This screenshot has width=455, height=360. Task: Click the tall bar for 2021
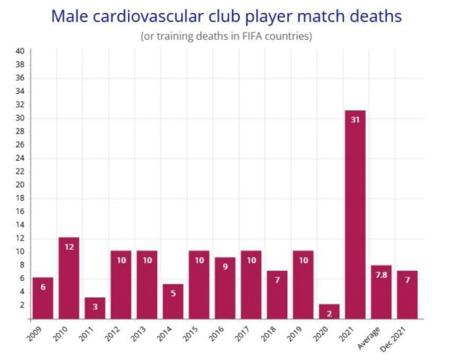pos(355,215)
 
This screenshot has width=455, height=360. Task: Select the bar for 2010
pos(69,278)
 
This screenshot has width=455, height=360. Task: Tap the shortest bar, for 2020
pos(329,312)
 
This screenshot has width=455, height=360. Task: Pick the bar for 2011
pos(95,308)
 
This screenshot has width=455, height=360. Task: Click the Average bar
pos(381,292)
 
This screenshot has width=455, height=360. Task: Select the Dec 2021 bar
pos(407,295)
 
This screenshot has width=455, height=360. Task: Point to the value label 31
pos(355,120)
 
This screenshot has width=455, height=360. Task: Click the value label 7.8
pos(381,275)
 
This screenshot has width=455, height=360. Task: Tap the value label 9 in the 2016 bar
pos(225,267)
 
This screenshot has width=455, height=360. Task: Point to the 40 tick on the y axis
pos(20,51)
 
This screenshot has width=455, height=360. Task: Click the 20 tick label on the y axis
pos(20,185)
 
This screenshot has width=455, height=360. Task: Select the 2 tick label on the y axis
pos(22,305)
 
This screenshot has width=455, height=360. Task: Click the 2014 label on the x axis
pos(164,334)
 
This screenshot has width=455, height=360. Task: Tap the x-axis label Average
pos(369,338)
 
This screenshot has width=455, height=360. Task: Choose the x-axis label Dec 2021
pos(393,339)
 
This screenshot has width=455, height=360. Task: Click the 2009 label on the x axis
pos(34,334)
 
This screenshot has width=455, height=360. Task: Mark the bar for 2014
pos(173,302)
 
